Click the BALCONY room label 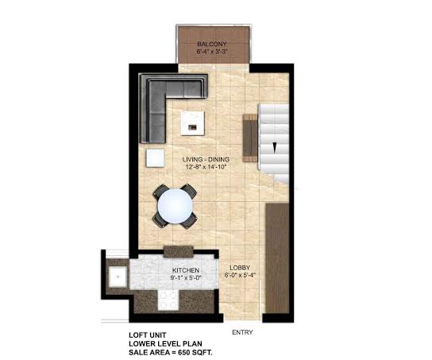(x=212, y=44)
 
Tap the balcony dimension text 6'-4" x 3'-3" (x=212, y=52)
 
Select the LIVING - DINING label (x=206, y=159)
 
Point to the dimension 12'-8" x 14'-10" (x=206, y=167)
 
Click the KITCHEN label (x=186, y=270)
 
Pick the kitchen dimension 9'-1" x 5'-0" (x=187, y=277)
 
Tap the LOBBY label (x=240, y=267)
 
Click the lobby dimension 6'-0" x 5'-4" (x=241, y=275)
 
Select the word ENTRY (x=242, y=332)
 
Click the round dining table (x=175, y=206)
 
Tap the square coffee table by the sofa (x=193, y=123)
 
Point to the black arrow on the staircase (x=275, y=148)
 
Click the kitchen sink (x=118, y=277)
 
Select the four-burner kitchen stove (x=168, y=300)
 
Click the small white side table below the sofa (x=156, y=158)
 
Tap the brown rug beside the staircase (x=250, y=138)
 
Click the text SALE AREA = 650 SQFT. (x=171, y=352)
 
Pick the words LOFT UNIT (x=148, y=335)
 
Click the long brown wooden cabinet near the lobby (x=277, y=258)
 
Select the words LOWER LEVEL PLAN (x=166, y=344)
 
